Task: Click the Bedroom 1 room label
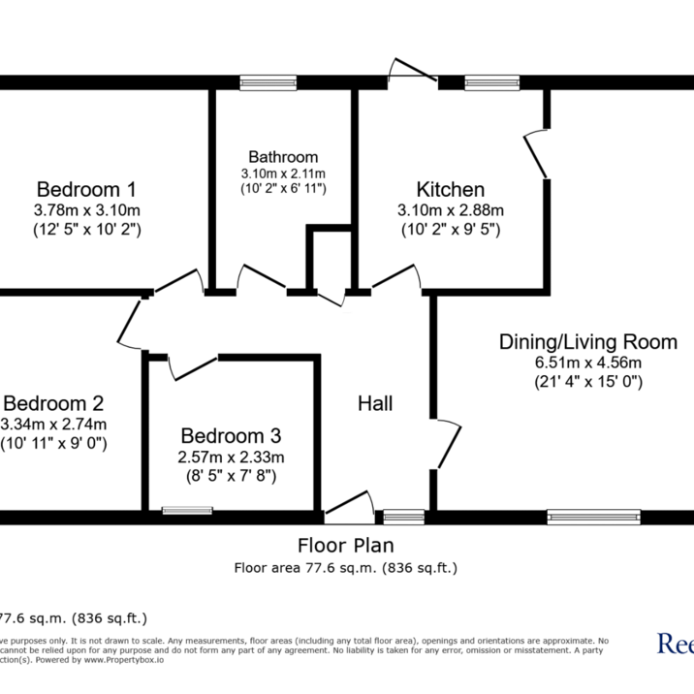click(86, 189)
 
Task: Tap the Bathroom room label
click(283, 156)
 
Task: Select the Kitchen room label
click(451, 188)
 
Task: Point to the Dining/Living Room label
click(587, 341)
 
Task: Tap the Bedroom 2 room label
click(53, 403)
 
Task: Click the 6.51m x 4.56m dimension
click(587, 363)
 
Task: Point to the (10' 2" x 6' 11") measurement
click(283, 188)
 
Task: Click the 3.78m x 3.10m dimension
click(86, 210)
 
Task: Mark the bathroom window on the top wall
click(268, 83)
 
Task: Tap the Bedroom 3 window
click(187, 511)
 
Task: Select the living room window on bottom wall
click(593, 516)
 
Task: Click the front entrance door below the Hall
click(349, 504)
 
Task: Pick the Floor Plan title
click(345, 546)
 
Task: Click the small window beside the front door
click(404, 516)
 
